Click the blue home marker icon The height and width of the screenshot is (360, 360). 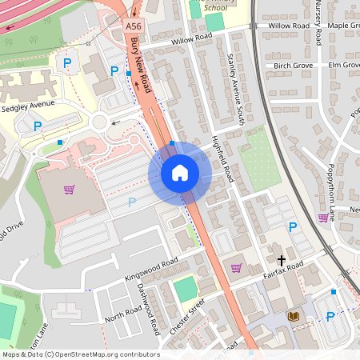(x=180, y=173)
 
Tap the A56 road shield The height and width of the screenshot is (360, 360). (x=134, y=26)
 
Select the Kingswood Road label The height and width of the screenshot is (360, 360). (x=151, y=270)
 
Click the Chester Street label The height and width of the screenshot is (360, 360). (x=187, y=315)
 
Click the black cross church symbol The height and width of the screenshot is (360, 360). (x=281, y=259)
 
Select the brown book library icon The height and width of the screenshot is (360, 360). (x=294, y=317)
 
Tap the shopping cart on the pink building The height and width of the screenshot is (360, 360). (x=70, y=190)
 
